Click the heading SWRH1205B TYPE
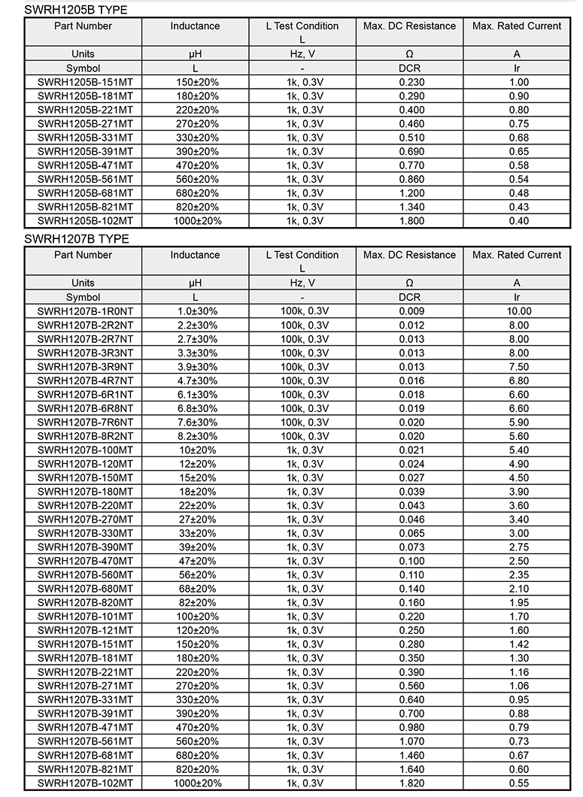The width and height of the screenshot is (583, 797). coord(76,10)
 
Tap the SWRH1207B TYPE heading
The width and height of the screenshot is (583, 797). coord(76,239)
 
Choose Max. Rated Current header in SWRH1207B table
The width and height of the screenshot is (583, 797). coord(517,255)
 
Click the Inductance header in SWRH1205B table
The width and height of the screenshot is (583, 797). coord(195,26)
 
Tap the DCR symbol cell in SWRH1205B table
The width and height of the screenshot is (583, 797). coord(410,68)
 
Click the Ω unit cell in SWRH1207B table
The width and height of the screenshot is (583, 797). coord(410,283)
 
